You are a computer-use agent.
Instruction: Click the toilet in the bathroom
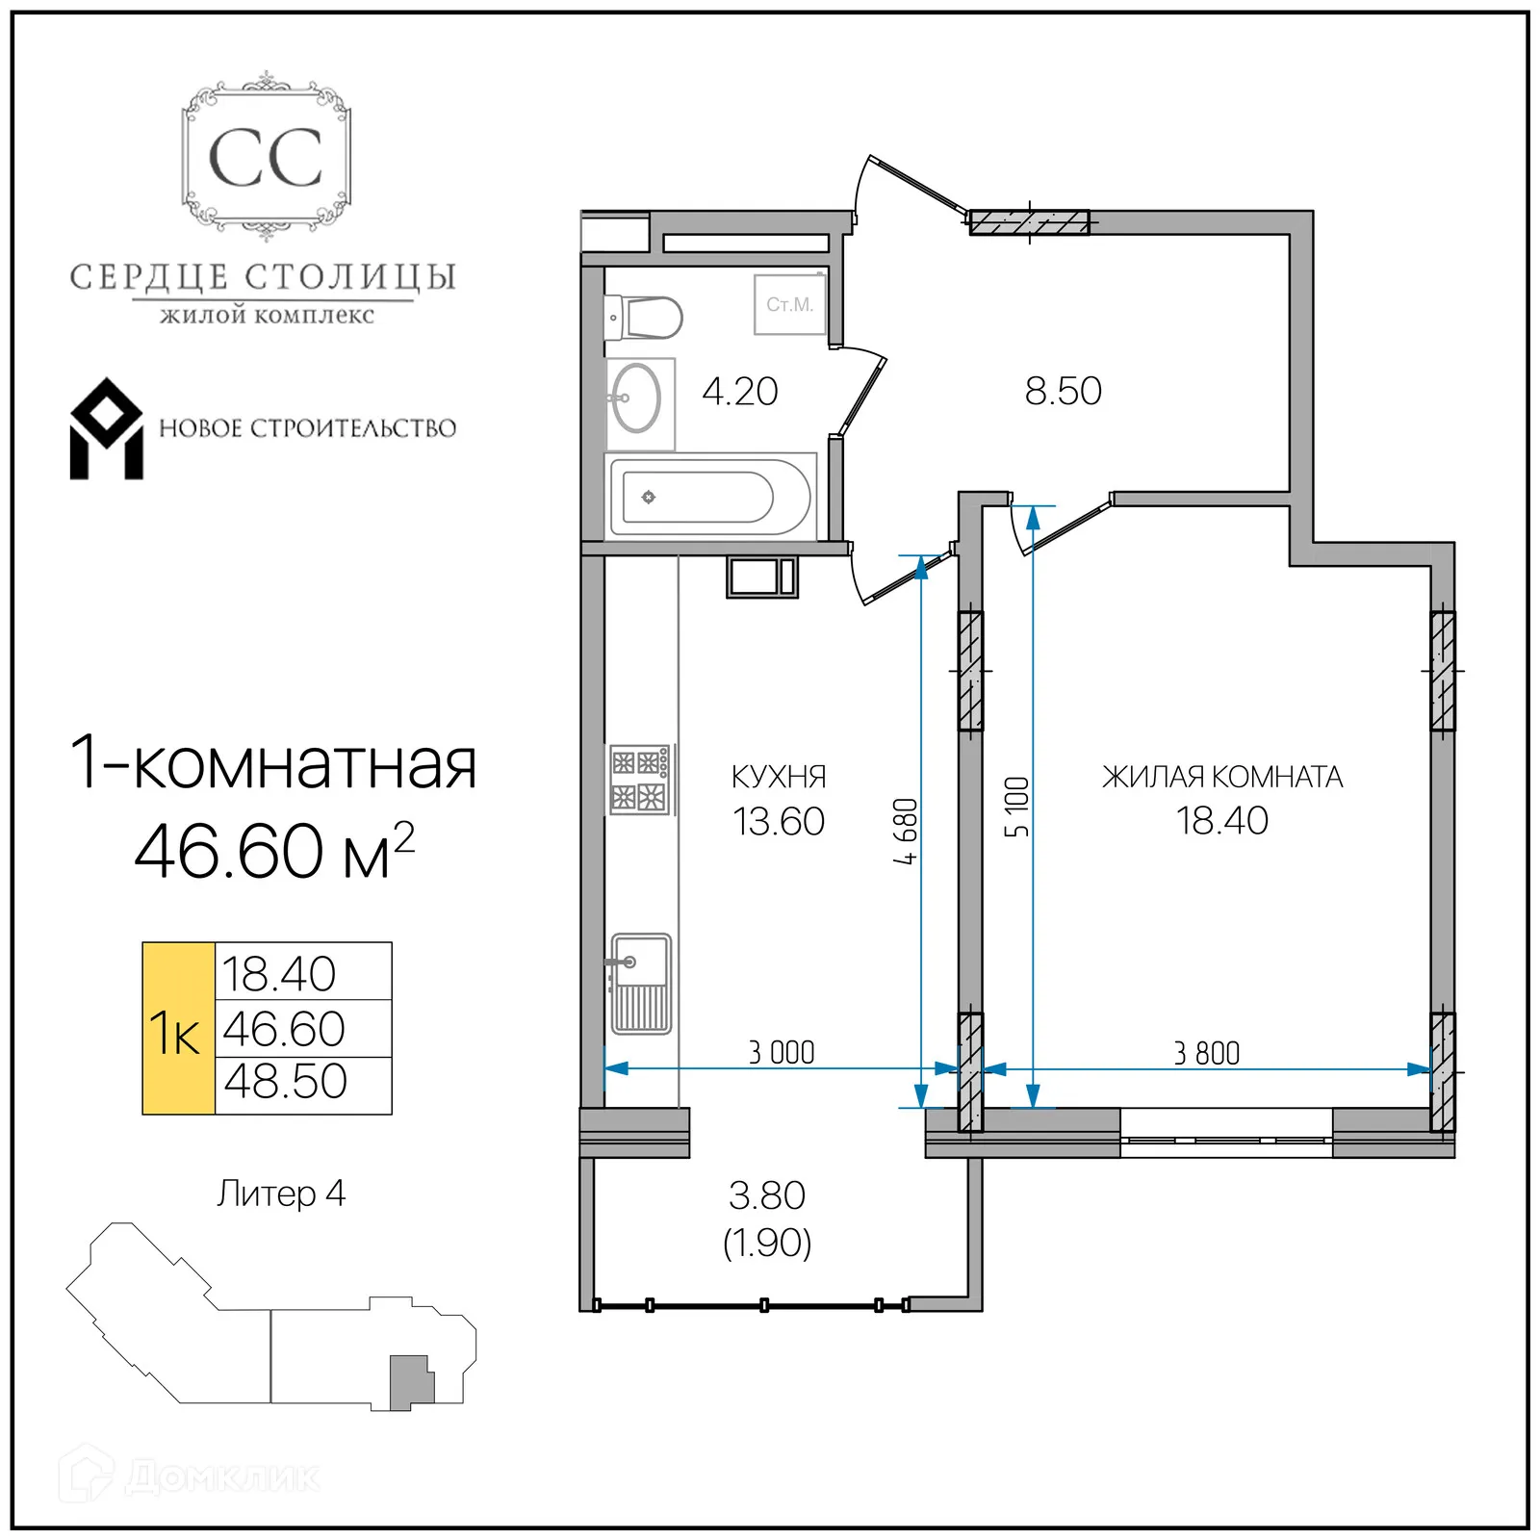click(x=646, y=318)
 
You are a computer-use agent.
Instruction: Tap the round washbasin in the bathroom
click(x=636, y=398)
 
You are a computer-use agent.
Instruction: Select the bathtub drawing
click(x=710, y=498)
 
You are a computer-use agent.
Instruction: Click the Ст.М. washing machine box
click(x=789, y=304)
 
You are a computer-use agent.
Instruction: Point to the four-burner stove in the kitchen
click(x=639, y=780)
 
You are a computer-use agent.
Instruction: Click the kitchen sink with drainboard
click(x=641, y=983)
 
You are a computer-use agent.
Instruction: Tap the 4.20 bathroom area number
click(x=739, y=392)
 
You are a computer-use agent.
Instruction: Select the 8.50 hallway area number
click(x=1063, y=392)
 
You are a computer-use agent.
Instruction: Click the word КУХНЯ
click(x=779, y=777)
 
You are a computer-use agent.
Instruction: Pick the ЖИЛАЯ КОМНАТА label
click(x=1221, y=777)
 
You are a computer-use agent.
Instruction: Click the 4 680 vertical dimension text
click(x=906, y=832)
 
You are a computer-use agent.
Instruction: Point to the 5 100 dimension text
click(x=1017, y=807)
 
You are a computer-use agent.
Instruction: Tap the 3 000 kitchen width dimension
click(x=782, y=1053)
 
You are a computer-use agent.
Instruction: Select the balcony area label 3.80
click(x=767, y=1195)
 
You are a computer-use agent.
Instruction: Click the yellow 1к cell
click(x=178, y=1029)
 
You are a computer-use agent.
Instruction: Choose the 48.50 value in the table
click(x=286, y=1082)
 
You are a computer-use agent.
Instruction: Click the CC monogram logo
click(x=266, y=158)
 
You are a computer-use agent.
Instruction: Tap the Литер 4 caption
click(x=281, y=1193)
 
